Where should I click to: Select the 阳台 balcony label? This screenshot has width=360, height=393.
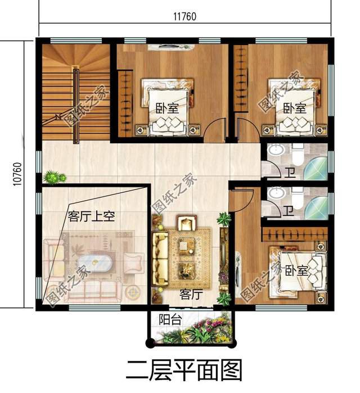169,320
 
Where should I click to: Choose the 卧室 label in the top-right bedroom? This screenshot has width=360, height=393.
294,108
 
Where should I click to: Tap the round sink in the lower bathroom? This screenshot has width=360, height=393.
275,193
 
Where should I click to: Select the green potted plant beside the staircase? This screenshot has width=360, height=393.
52,177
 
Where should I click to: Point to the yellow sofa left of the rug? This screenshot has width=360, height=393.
160,253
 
